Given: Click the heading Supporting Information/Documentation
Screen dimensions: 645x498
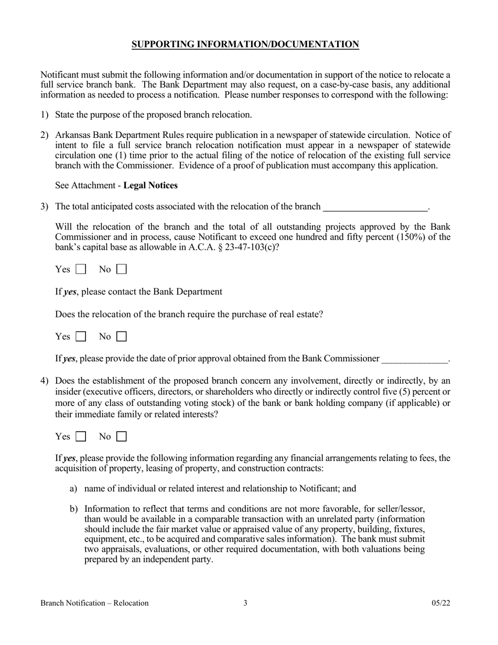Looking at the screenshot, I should pyautogui.click(x=245, y=45).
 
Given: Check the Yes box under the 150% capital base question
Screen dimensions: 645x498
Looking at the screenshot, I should pyautogui.click(x=81, y=270).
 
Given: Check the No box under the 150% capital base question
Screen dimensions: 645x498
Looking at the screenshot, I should pyautogui.click(x=121, y=270).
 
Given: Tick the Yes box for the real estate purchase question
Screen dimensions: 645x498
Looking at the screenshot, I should pyautogui.click(x=81, y=337).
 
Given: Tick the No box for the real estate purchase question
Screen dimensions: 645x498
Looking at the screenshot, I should pyautogui.click(x=121, y=337).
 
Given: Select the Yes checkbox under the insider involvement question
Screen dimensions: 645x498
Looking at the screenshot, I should pyautogui.click(x=81, y=436).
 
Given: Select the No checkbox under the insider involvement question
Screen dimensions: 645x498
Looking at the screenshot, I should pyautogui.click(x=121, y=436).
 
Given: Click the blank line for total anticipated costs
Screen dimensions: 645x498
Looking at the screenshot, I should pyautogui.click(x=375, y=207).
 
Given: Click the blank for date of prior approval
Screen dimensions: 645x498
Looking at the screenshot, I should pyautogui.click(x=415, y=359).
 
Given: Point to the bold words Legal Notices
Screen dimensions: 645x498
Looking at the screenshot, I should pyautogui.click(x=150, y=186).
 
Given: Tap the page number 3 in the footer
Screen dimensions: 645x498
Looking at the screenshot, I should pyautogui.click(x=245, y=603).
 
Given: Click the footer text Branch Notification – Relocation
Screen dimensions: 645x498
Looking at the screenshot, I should pyautogui.click(x=94, y=603).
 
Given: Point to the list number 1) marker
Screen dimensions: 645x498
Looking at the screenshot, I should pyautogui.click(x=45, y=115).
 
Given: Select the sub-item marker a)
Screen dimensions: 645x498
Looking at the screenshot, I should pyautogui.click(x=73, y=489).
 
